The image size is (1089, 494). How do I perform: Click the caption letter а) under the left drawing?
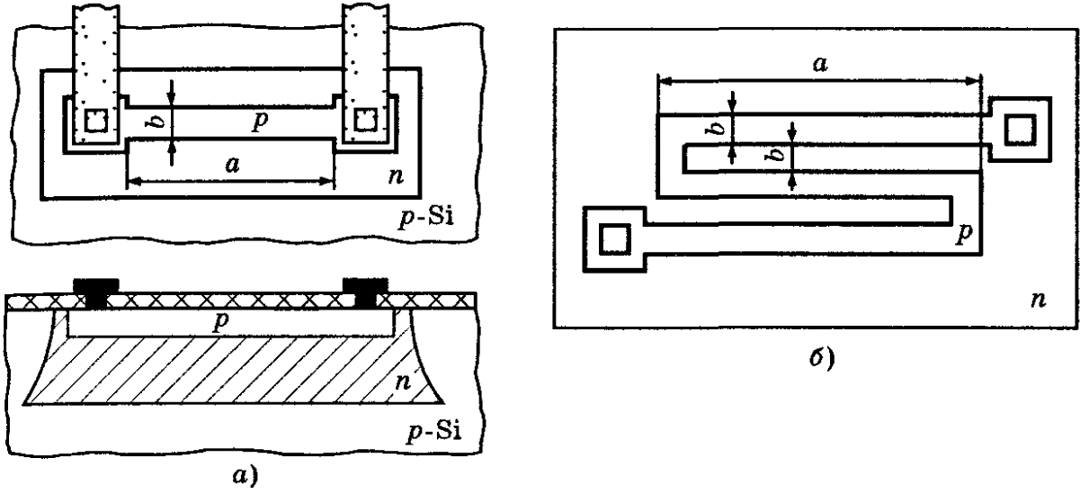pos(245,475)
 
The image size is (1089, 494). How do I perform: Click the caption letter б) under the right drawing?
pos(822,358)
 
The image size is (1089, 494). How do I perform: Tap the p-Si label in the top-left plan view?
pos(425,218)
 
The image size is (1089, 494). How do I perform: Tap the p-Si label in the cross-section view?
pos(433,432)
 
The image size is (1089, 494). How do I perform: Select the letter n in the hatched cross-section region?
pos(403,382)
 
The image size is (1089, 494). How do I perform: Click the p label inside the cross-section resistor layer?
pos(221,322)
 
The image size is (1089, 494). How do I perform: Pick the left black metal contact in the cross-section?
pos(96,293)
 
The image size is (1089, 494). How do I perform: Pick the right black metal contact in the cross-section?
pos(366,293)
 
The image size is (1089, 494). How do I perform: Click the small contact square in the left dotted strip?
pos(96,121)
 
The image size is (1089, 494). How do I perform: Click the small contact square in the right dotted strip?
pos(366,121)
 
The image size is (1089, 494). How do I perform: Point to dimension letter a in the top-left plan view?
pos(232,166)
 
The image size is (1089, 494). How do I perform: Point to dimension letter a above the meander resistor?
pos(819,64)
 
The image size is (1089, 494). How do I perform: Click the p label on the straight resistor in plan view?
pos(261,121)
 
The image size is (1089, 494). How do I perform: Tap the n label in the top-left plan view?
pos(396,176)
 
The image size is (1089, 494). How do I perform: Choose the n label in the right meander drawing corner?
pos(1038,301)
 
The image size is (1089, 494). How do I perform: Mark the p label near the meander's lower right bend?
pos(964,234)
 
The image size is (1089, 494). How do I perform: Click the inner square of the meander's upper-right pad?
pos(1021,130)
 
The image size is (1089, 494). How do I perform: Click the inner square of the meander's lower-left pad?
pos(614,239)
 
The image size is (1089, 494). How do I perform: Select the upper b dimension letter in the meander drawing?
pos(717,129)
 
